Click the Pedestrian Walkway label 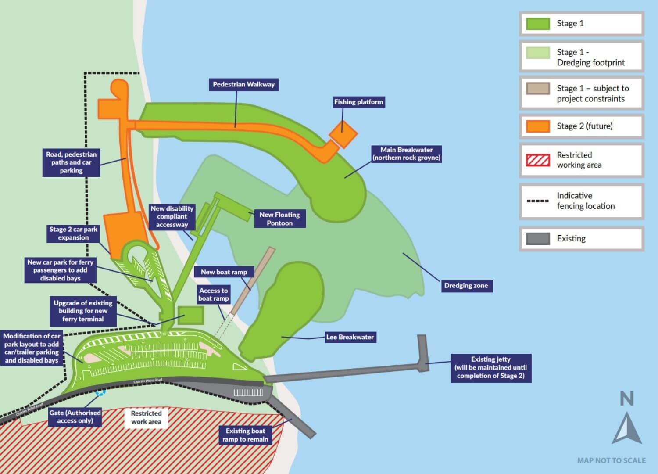pos(243,84)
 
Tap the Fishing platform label pos(358,102)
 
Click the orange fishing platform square pos(343,133)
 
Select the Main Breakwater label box pos(406,154)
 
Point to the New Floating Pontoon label pos(279,219)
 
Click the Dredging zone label pos(466,286)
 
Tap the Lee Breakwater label pos(350,337)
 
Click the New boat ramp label pos(224,272)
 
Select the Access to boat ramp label pos(213,294)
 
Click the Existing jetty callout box pos(490,368)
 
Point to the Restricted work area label pos(146,417)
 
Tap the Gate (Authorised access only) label pos(75,417)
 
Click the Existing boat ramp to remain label pos(245,435)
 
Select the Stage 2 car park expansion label pos(73,233)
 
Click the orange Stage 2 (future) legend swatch pos(538,126)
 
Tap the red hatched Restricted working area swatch pos(538,160)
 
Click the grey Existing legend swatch pos(538,239)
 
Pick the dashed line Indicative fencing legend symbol pos(538,201)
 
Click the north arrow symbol pos(627,427)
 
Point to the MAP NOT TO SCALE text pos(611,460)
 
